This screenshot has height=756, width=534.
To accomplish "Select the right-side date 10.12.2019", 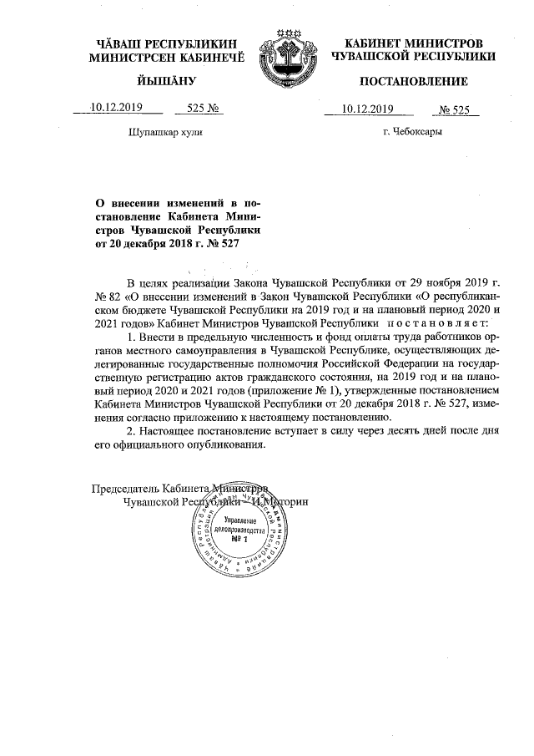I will pos(368,109).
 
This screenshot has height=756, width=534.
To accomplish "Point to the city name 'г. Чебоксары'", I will pos(412,131).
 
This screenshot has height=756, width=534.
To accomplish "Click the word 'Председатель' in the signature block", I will pos(124,488).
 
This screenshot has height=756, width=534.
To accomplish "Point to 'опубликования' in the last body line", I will pos(226,444).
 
